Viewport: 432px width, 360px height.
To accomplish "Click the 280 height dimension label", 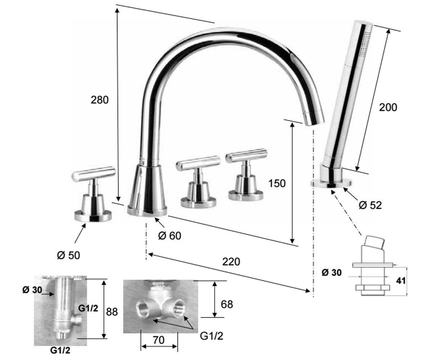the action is [99, 100].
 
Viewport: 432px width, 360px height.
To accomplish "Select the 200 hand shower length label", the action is [388, 108].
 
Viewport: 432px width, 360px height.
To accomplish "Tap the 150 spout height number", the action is [277, 183].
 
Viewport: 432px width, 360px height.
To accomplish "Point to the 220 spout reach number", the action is [231, 262].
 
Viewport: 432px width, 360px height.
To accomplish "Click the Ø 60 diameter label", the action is [170, 236].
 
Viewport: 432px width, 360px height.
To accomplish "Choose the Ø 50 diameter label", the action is [68, 256].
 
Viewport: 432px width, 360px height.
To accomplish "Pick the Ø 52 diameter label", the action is [370, 205].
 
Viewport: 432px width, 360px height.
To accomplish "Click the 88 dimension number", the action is [112, 312].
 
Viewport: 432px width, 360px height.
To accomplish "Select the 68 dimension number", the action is [227, 304].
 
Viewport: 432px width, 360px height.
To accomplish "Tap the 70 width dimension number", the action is [158, 340].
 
